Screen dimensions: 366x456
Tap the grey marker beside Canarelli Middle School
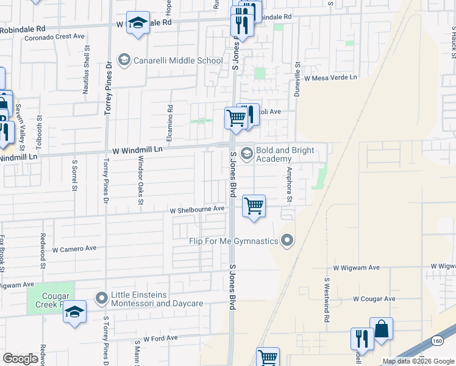(x=124, y=60)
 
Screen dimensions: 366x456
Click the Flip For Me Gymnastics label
(x=233, y=242)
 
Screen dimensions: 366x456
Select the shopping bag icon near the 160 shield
(x=382, y=328)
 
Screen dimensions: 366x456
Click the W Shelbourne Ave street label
(x=198, y=209)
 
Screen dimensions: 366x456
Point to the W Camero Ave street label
(x=74, y=249)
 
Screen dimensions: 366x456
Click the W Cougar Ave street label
(x=374, y=299)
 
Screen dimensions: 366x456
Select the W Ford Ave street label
(x=160, y=338)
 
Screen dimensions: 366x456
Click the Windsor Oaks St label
(x=141, y=176)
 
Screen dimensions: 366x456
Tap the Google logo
(x=21, y=359)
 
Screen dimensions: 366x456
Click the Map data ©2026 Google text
(x=418, y=361)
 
